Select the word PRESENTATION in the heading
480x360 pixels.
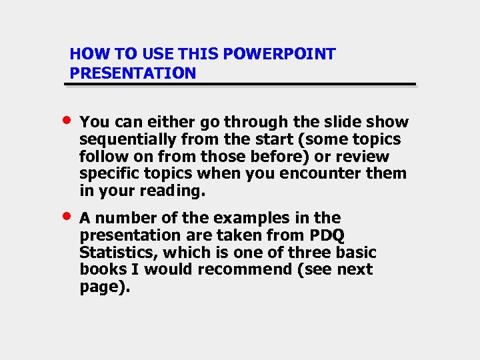[x=133, y=73]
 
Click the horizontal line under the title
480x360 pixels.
[x=243, y=85]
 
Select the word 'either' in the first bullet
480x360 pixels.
[x=157, y=122]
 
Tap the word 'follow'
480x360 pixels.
[x=101, y=157]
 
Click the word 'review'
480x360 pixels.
[x=365, y=157]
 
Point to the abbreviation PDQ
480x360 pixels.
[x=327, y=235]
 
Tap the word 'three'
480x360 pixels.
[x=302, y=253]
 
